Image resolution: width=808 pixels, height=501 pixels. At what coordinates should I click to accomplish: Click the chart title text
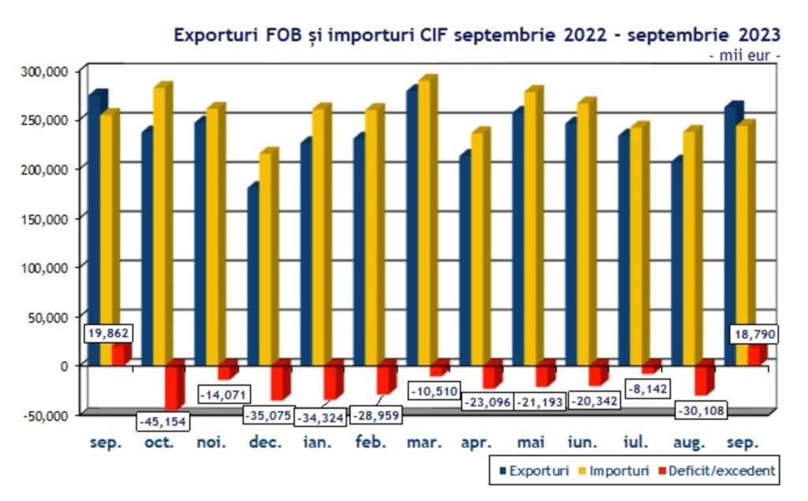pyautogui.click(x=477, y=35)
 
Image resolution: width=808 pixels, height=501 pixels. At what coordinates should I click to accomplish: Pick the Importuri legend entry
pyautogui.click(x=612, y=471)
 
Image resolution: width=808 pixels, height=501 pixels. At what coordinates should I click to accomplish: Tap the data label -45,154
pyautogui.click(x=162, y=421)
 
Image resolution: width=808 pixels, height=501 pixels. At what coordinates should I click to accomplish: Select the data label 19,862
pyautogui.click(x=107, y=335)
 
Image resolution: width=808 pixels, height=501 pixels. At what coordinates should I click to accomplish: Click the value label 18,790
pyautogui.click(x=754, y=335)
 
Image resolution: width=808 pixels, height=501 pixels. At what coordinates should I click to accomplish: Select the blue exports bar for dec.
pyautogui.click(x=252, y=276)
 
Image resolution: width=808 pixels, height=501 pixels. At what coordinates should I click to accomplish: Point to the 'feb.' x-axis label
pyautogui.click(x=371, y=443)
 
